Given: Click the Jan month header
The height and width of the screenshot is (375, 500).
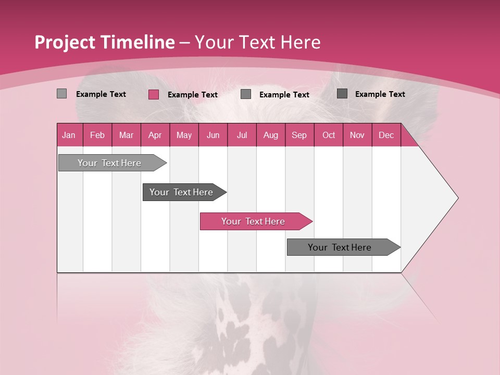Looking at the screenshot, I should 69,135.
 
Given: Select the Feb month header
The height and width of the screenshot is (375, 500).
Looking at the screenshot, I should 97,135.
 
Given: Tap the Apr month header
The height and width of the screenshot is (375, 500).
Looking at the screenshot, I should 155,135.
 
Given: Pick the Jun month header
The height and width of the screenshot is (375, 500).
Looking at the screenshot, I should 213,135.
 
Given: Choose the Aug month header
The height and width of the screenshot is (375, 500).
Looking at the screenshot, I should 271,135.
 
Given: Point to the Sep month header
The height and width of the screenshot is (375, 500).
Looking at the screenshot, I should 299,135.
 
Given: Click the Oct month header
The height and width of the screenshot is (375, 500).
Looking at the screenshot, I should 329,135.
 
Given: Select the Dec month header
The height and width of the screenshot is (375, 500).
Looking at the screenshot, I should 386,135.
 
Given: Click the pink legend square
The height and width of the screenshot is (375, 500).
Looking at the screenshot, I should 154,94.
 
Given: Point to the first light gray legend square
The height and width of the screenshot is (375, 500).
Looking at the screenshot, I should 61,94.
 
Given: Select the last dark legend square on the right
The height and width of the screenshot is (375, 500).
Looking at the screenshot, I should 342,94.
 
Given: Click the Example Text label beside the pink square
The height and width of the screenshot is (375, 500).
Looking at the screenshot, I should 193,95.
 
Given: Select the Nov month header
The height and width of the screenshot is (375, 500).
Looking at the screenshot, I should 357,135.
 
